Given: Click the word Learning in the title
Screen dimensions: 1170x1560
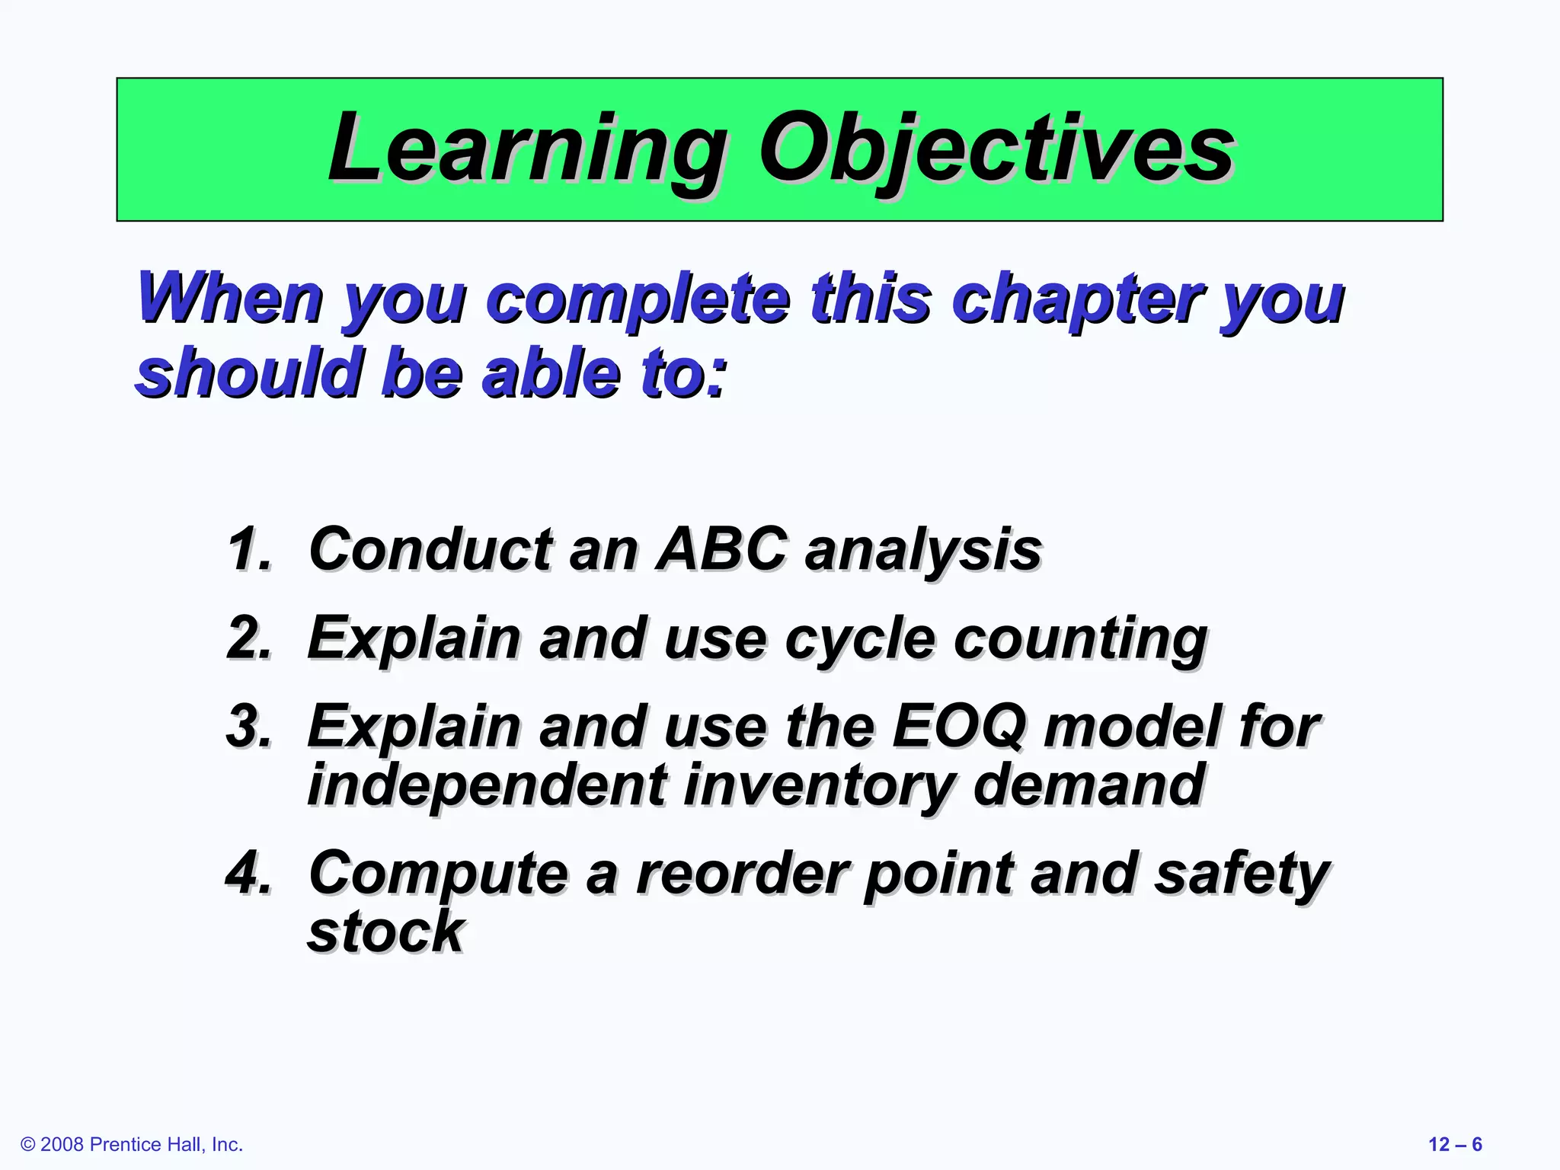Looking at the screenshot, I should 526,149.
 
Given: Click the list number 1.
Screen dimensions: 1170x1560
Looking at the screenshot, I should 249,548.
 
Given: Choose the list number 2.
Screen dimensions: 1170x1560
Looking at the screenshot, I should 249,638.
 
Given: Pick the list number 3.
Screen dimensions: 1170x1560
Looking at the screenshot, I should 249,726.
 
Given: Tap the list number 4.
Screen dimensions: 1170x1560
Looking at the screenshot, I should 249,873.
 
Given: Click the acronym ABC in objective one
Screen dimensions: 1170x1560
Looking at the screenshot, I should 721,548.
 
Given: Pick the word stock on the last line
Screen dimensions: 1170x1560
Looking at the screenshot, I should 385,932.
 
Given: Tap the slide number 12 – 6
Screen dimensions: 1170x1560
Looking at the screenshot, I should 1455,1145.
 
